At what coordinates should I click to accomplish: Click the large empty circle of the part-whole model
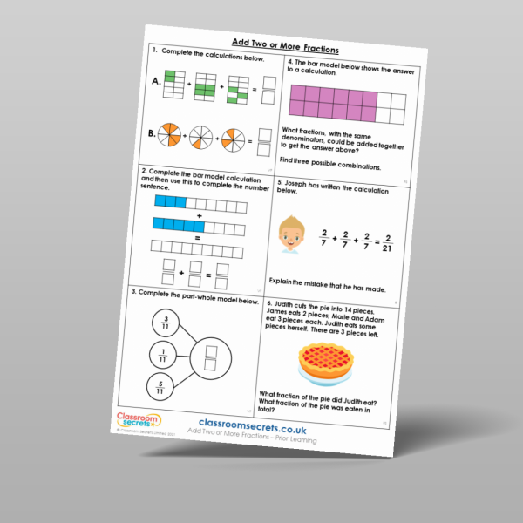[209, 354]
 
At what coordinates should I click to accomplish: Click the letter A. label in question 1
[157, 84]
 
